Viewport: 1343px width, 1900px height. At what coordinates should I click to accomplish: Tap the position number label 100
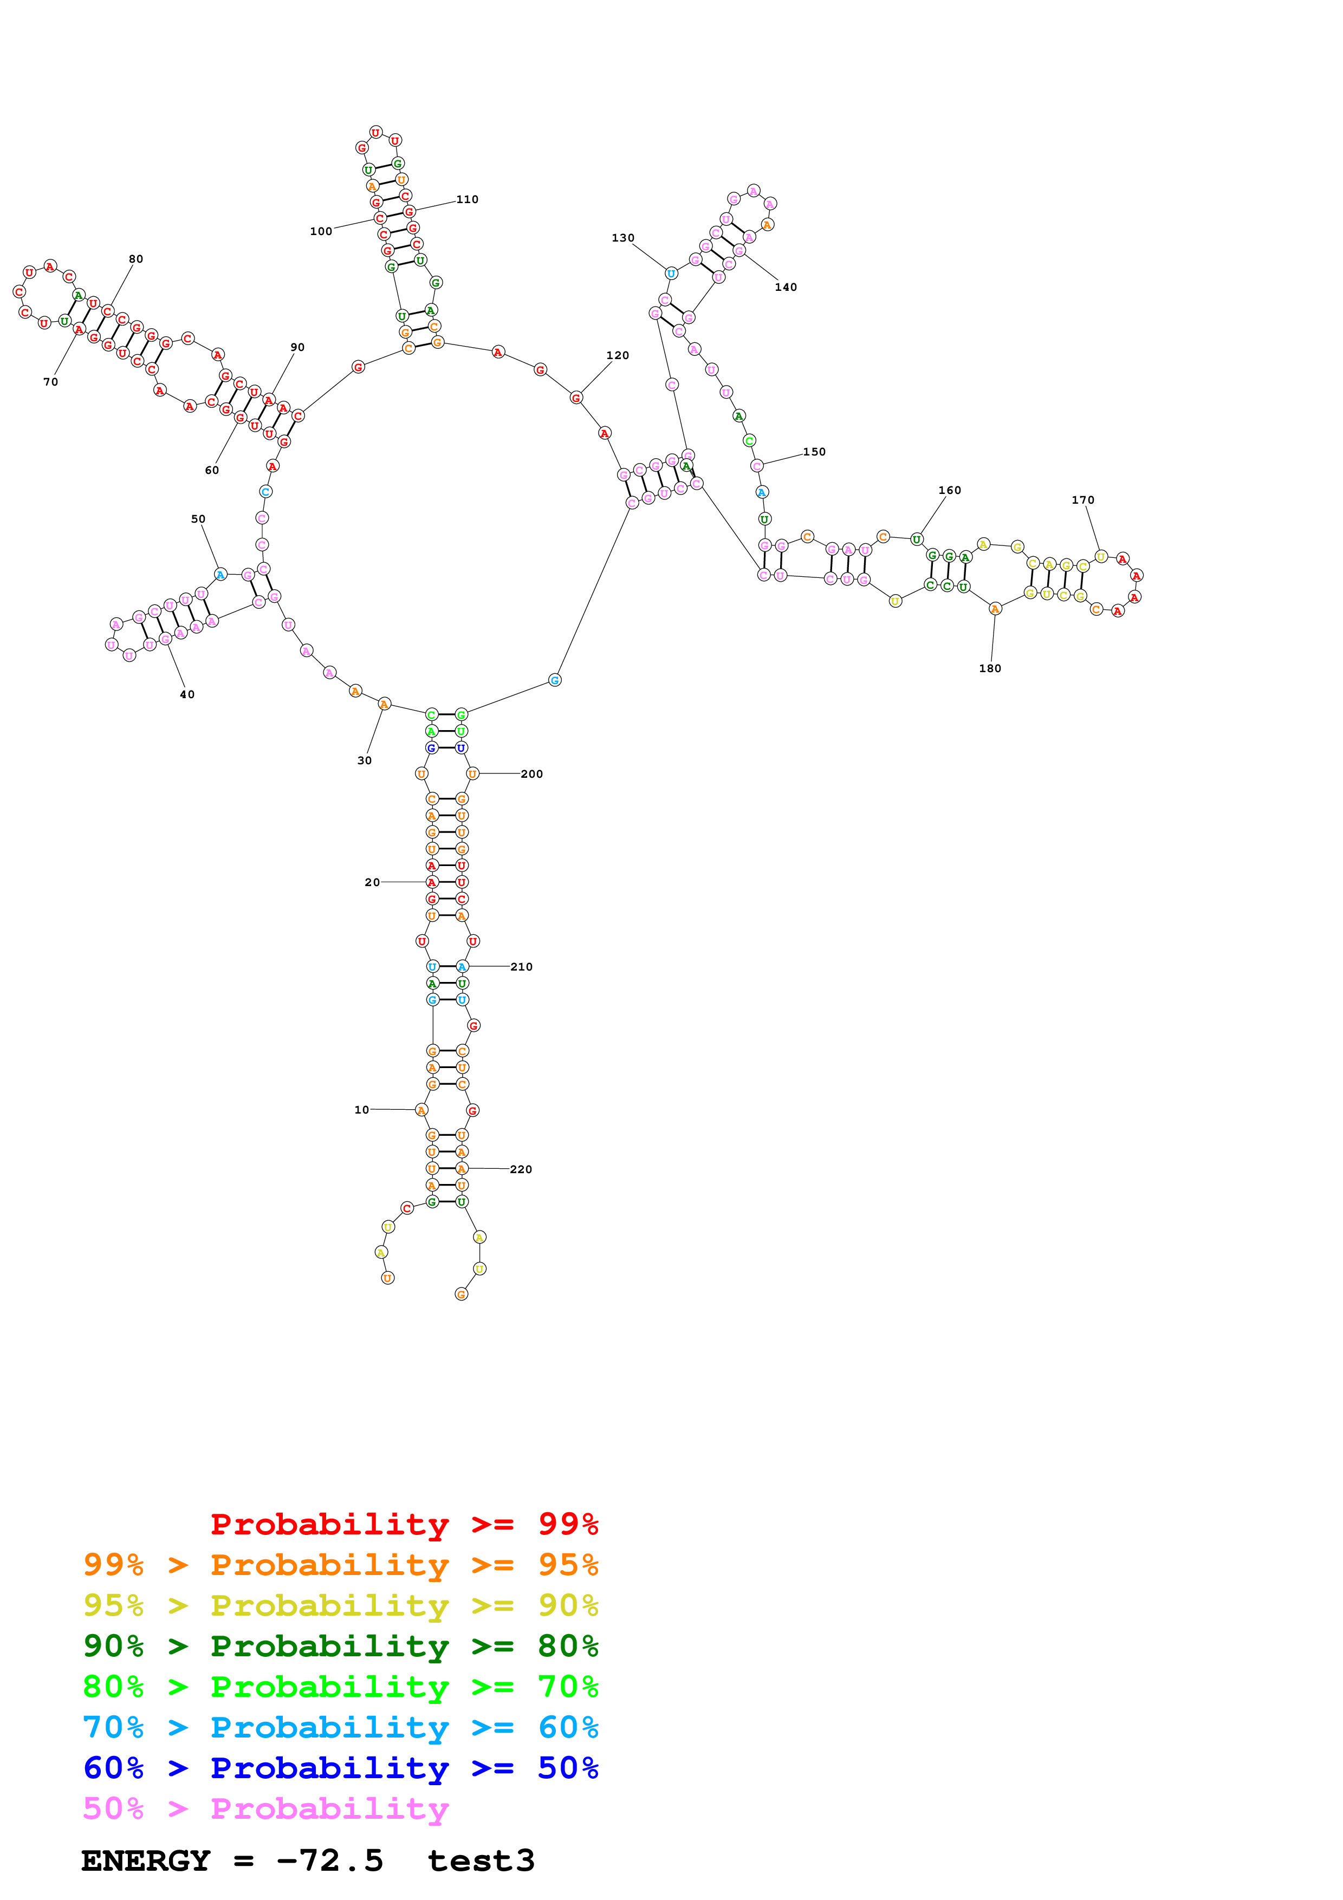[x=321, y=232]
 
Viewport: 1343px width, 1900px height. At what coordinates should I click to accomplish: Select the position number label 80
[x=135, y=259]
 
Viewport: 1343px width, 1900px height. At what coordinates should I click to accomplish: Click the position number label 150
[x=814, y=452]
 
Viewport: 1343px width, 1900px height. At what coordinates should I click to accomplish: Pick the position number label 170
[x=1082, y=500]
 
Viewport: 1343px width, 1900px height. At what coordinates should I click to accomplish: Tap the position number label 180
[x=990, y=669]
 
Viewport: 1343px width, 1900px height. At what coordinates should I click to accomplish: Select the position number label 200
[x=531, y=774]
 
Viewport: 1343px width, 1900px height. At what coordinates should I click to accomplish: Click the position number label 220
[x=521, y=1169]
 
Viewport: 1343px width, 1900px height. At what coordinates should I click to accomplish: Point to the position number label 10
[x=361, y=1110]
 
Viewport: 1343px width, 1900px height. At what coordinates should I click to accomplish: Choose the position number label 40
[x=187, y=694]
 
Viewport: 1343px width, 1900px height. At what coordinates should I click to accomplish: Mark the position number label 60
[x=212, y=470]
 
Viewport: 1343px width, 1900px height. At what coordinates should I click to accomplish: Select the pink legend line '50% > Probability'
[x=265, y=1809]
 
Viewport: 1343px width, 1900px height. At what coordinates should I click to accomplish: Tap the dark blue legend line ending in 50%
[x=341, y=1768]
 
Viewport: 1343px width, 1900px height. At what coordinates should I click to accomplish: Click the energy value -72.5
[x=330, y=1861]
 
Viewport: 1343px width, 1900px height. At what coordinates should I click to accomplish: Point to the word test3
[x=481, y=1861]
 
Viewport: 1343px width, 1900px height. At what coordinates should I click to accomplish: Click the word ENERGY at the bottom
[x=146, y=1861]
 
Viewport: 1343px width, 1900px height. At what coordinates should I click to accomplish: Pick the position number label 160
[x=949, y=491]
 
